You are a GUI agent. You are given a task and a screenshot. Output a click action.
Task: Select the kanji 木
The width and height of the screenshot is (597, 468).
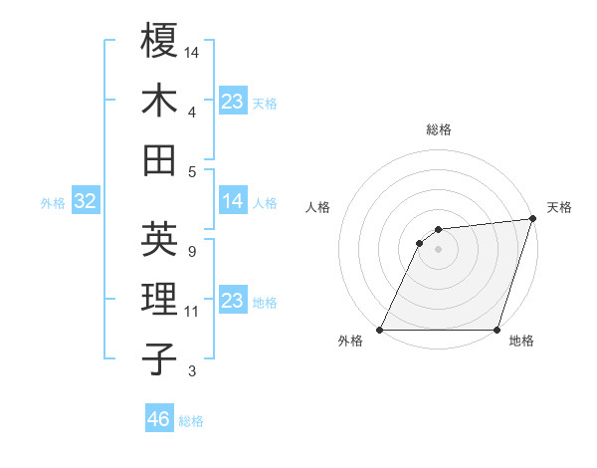[159, 101]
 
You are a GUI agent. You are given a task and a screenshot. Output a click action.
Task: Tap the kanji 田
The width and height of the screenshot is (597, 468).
[159, 160]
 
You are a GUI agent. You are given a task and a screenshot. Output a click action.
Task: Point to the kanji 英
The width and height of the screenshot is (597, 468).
[159, 238]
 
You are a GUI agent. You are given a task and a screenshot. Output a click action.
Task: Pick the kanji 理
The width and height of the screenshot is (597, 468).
[159, 299]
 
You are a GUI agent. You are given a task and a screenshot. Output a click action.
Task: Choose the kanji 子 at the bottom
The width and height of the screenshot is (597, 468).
[159, 358]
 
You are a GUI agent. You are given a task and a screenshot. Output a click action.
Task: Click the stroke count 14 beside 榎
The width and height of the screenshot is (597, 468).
[192, 51]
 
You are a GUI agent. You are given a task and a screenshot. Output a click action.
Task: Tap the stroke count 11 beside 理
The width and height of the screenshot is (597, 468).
[192, 312]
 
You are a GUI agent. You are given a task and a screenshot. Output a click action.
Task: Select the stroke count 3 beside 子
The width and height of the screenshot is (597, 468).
[192, 371]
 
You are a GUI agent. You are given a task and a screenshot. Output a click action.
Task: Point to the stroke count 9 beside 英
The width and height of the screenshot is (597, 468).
[191, 251]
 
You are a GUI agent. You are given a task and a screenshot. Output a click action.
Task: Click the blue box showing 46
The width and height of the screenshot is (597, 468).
[159, 419]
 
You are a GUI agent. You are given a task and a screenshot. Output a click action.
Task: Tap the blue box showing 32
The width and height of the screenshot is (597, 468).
[86, 202]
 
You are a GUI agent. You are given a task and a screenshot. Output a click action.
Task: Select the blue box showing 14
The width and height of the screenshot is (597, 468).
[233, 202]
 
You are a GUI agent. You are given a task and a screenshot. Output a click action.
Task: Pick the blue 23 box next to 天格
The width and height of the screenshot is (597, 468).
[233, 102]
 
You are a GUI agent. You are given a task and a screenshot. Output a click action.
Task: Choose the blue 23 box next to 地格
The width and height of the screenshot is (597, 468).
[233, 302]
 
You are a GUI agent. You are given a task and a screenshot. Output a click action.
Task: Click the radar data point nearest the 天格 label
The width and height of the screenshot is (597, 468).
[533, 219]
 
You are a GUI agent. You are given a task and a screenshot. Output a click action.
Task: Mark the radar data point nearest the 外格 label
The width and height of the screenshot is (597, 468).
[380, 330]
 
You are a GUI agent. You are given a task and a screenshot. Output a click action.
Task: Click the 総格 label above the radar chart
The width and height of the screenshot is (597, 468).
[439, 129]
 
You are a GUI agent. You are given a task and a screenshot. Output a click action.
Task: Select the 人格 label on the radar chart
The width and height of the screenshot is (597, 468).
[317, 207]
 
